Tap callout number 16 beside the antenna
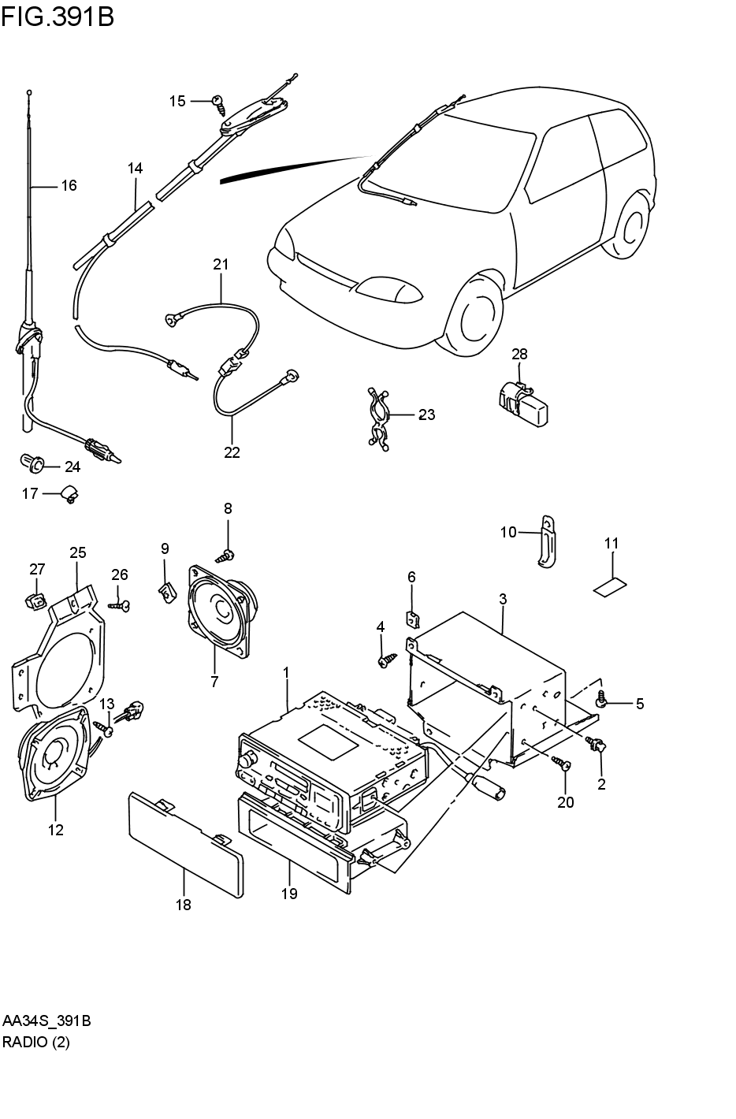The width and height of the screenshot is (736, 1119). [69, 186]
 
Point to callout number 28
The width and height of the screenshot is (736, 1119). [519, 354]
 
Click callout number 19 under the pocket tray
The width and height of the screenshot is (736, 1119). [289, 893]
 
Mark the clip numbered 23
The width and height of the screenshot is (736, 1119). [379, 415]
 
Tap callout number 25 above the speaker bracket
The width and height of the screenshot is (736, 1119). [77, 552]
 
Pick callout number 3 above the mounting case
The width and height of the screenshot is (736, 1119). [503, 600]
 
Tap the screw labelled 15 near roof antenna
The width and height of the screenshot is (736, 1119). [218, 102]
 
